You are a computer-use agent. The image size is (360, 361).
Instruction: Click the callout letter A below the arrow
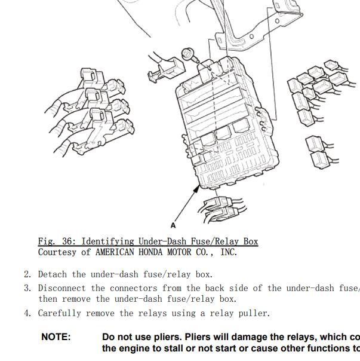pyautogui.click(x=173, y=225)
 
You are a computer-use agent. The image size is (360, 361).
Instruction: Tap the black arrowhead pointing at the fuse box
pyautogui.click(x=196, y=189)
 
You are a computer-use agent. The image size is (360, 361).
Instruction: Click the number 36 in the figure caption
pyautogui.click(x=67, y=241)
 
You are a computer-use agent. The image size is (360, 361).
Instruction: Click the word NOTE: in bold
pyautogui.click(x=56, y=337)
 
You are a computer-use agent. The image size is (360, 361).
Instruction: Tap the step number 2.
pyautogui.click(x=27, y=274)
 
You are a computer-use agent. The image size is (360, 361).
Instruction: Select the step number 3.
pyautogui.click(x=27, y=288)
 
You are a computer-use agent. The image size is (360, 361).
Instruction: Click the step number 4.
pyautogui.click(x=27, y=313)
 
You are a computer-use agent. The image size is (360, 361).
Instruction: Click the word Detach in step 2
pyautogui.click(x=53, y=274)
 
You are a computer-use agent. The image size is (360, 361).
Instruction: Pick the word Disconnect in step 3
pyautogui.click(x=62, y=288)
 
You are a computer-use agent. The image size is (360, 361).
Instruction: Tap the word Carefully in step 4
pyautogui.click(x=60, y=313)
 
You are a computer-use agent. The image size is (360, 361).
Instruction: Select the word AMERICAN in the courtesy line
pyautogui.click(x=115, y=252)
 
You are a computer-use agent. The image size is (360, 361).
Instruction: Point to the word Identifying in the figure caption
pyautogui.click(x=107, y=241)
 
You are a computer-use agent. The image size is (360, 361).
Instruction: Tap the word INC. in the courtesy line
pyautogui.click(x=229, y=252)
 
